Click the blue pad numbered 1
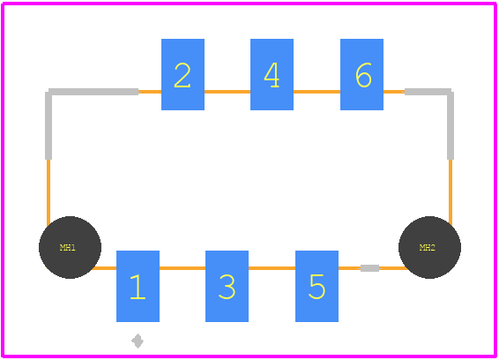tap(138, 286)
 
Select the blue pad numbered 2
tap(182, 74)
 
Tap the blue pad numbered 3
tap(227, 286)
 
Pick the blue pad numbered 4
tap(272, 74)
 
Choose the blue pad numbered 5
tap(317, 286)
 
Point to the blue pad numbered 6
tap(361, 74)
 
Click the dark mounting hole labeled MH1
tap(70, 248)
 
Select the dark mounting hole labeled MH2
tap(429, 248)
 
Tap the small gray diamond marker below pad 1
tap(138, 341)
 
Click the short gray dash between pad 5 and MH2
tap(369, 268)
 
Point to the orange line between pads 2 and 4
tap(227, 92)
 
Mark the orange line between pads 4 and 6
tap(317, 92)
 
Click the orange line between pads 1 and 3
tap(182, 268)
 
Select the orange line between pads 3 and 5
tap(272, 268)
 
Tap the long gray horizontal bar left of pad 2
tap(93, 92)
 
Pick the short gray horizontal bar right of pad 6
tap(428, 92)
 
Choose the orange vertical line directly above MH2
tap(451, 192)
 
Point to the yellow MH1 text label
tap(68, 248)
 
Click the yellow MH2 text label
tap(427, 248)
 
